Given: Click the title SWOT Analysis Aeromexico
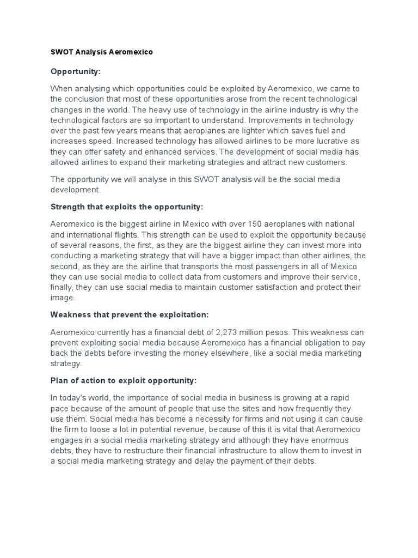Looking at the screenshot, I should (102, 52).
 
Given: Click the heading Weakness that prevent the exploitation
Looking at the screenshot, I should (130, 314).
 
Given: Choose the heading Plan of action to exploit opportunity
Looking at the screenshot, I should (124, 380).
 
